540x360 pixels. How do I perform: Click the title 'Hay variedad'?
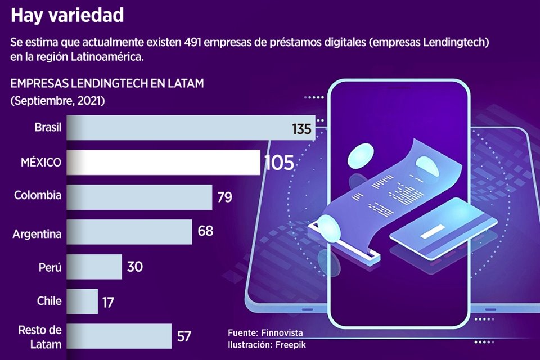coord(67,16)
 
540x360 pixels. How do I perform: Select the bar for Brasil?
coord(186,128)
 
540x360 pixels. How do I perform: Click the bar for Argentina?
coord(129,232)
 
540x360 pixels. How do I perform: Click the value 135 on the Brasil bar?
coord(301,129)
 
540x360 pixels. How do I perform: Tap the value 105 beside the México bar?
coord(279,163)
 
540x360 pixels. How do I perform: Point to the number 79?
coord(224,197)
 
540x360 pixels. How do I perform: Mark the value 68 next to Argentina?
coord(205,231)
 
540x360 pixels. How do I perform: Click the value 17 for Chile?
coord(108,303)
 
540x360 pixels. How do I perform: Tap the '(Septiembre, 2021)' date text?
coord(57,101)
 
